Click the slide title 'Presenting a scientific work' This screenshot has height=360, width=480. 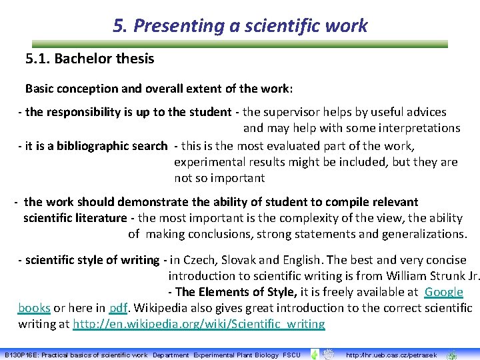(250, 26)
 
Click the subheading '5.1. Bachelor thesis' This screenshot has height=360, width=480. (89, 59)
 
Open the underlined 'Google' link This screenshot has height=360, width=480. (443, 292)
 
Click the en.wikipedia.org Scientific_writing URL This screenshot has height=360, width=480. (199, 324)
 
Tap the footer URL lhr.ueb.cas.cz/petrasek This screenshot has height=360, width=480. (391, 355)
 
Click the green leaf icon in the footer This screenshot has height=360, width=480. (314, 355)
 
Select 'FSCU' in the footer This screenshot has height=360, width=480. (291, 355)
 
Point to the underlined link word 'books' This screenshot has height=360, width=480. (34, 308)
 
